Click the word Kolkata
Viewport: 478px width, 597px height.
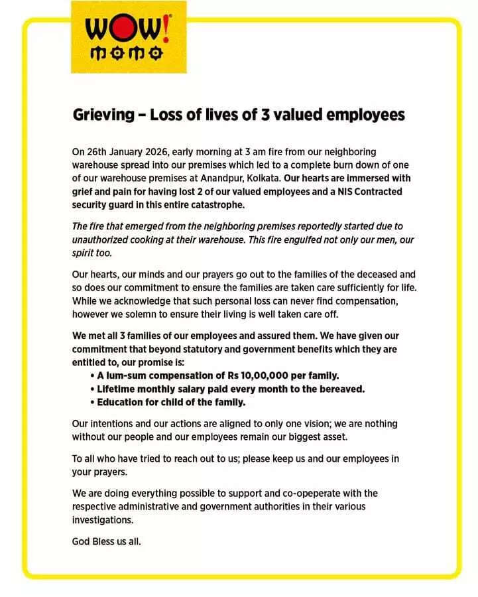[x=263, y=178]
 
